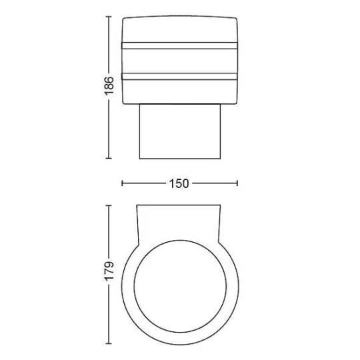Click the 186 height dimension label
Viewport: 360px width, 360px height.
109,85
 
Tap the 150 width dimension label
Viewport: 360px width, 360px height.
179,183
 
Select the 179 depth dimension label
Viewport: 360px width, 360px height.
109,270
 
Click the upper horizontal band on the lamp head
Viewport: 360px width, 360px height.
179,45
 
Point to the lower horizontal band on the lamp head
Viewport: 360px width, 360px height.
179,77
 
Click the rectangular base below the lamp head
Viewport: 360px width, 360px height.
180,131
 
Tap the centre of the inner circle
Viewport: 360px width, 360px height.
180,286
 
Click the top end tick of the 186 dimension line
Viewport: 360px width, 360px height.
109,17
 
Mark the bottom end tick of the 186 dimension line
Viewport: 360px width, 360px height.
109,158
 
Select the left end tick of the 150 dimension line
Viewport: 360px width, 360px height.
122,183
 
